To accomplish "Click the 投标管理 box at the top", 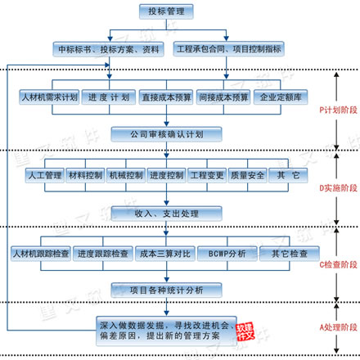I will point(165,11).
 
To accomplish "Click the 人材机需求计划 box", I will point(49,97).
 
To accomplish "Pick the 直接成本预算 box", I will point(165,97).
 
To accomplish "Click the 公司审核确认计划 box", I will point(165,134).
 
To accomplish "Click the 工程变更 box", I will point(206,175).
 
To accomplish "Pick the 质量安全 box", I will point(246,175).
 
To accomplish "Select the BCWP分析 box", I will point(227,253).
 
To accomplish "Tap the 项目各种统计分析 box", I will point(165,290).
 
